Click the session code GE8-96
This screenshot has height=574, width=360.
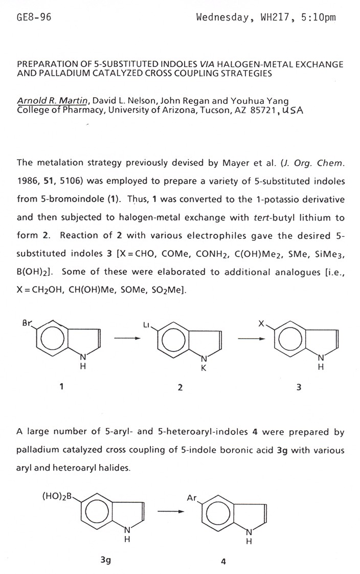[x=34, y=18]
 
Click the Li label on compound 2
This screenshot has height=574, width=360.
[x=148, y=325]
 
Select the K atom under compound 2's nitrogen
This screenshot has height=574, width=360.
[x=202, y=369]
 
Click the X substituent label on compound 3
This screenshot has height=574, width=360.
[x=261, y=324]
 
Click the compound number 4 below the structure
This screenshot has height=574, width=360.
[x=223, y=560]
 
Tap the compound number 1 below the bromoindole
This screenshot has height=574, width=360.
[x=61, y=387]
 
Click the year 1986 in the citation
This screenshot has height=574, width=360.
[x=27, y=181]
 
